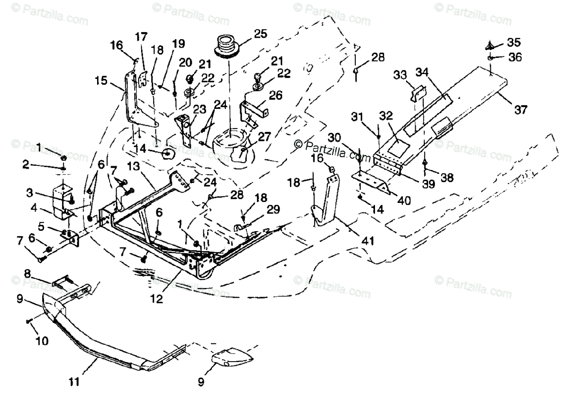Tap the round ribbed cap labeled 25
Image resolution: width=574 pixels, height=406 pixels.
228,46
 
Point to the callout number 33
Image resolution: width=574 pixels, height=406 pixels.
400,75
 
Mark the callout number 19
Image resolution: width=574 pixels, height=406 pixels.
178,44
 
